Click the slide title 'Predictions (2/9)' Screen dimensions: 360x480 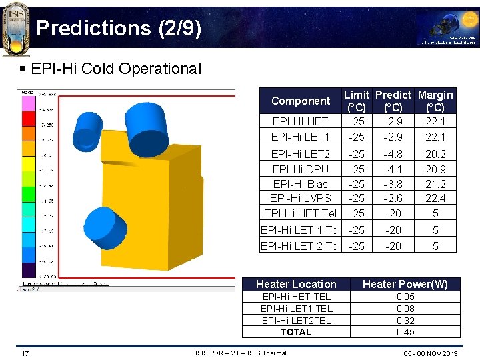[119, 28]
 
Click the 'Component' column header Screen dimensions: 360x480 [301, 101]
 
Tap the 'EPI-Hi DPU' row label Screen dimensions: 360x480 [301, 169]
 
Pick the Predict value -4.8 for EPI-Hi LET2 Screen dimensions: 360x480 [393, 154]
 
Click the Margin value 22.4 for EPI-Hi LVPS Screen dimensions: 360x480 [435, 198]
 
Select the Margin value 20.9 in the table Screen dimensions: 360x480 [435, 169]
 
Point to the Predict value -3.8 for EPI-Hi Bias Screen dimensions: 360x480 [393, 184]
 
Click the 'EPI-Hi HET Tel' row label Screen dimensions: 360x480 [301, 213]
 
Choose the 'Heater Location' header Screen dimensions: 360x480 [296, 284]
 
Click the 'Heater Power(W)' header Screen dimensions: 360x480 [405, 284]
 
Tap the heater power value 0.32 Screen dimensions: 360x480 [405, 321]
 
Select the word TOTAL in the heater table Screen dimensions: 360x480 [296, 332]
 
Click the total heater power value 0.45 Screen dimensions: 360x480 [405, 332]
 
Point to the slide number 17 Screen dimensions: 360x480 [25, 353]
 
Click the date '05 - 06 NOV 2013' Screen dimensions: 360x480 [431, 353]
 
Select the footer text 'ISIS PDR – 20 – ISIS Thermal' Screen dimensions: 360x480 [241, 353]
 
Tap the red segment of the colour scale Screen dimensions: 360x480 [29, 119]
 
